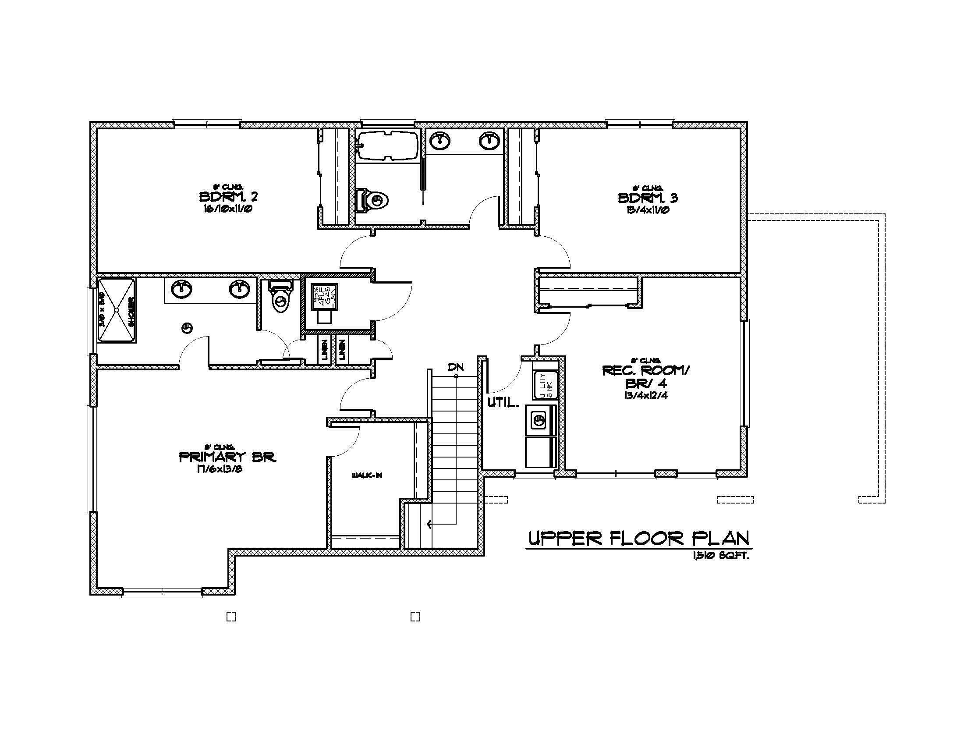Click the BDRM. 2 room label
pyautogui.click(x=228, y=196)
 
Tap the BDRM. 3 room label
pyautogui.click(x=648, y=198)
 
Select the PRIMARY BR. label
pyautogui.click(x=227, y=457)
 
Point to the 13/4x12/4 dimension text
pyautogui.click(x=645, y=395)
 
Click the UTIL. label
pyautogui.click(x=503, y=402)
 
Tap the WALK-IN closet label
pyautogui.click(x=367, y=475)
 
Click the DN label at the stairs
pyautogui.click(x=456, y=367)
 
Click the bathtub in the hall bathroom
pyautogui.click(x=387, y=145)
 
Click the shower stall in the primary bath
pyautogui.click(x=116, y=310)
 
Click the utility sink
pyautogui.click(x=545, y=385)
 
